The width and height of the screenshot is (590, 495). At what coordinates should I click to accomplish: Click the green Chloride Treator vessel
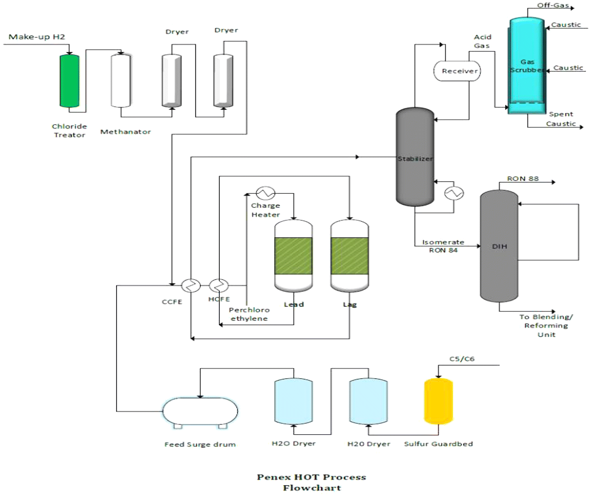pyautogui.click(x=69, y=81)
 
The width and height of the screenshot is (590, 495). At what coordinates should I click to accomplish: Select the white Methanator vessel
pyautogui.click(x=120, y=81)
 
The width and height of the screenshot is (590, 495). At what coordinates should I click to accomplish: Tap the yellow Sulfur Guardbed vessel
pyautogui.click(x=438, y=401)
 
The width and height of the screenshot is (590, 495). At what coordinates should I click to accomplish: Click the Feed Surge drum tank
pyautogui.click(x=200, y=411)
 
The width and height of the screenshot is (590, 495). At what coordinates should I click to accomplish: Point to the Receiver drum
pyautogui.click(x=457, y=71)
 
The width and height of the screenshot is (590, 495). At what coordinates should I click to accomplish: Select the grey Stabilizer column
pyautogui.click(x=415, y=157)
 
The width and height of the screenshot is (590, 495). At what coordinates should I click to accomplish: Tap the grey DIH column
pyautogui.click(x=499, y=246)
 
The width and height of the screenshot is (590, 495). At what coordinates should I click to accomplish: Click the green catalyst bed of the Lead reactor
pyautogui.click(x=293, y=256)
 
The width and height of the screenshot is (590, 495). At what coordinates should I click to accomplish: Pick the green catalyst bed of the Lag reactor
pyautogui.click(x=350, y=256)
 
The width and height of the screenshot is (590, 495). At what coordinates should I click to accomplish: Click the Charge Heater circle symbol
pyautogui.click(x=266, y=193)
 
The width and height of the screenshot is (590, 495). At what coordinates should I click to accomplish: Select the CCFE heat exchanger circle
pyautogui.click(x=191, y=285)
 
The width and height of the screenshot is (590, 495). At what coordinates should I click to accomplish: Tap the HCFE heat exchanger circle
pyautogui.click(x=219, y=285)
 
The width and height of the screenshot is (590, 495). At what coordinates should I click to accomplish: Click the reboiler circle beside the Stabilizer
pyautogui.click(x=454, y=193)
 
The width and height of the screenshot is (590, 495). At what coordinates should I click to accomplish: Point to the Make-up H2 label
pyautogui.click(x=36, y=37)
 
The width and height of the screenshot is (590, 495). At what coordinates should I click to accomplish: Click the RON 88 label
pyautogui.click(x=523, y=179)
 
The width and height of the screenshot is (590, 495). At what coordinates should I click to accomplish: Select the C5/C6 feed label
pyautogui.click(x=462, y=359)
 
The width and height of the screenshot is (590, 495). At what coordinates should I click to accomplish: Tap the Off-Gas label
pyautogui.click(x=553, y=5)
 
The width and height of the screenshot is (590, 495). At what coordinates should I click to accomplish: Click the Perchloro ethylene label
pyautogui.click(x=249, y=314)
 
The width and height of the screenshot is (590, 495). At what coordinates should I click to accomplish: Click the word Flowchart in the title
pyautogui.click(x=312, y=488)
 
